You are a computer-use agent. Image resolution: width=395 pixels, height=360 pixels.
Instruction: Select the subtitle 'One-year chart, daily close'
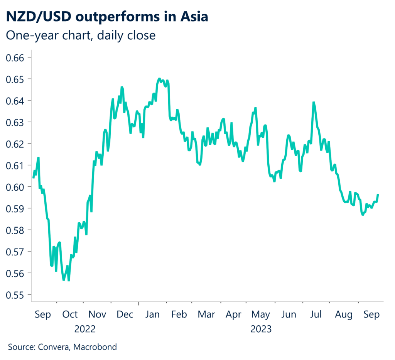pos(81,35)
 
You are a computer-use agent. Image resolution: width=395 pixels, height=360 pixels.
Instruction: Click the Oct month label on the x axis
pos(70,314)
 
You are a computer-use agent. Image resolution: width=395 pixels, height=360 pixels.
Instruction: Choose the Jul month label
pos(316,314)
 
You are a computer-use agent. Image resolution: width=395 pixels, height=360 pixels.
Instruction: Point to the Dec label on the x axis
pos(125,314)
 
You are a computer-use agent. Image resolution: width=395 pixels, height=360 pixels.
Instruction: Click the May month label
pos(261,314)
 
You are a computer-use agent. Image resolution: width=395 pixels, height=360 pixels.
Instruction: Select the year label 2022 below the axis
pos(85,329)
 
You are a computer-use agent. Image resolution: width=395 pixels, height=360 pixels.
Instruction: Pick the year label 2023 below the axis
pos(261,329)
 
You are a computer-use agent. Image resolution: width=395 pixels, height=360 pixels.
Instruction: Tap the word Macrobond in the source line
pos(95,347)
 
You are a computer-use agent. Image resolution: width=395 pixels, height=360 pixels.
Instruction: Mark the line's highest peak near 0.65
pos(159,79)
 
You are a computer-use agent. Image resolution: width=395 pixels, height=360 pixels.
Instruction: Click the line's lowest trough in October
pos(69,281)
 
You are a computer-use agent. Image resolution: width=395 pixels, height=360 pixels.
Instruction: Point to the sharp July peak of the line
pos(314,102)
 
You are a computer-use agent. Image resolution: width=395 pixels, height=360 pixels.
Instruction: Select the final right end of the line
pos(378,194)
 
